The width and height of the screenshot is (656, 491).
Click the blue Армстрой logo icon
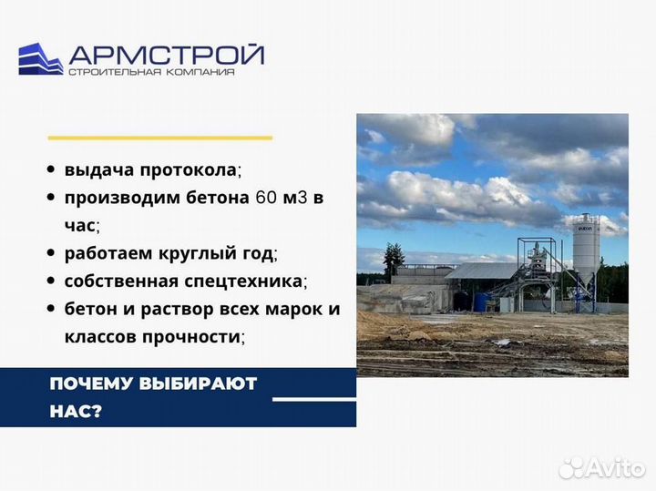click(40, 59)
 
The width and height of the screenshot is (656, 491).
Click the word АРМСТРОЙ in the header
click(166, 54)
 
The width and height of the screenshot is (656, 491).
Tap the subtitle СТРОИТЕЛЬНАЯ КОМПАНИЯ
click(151, 72)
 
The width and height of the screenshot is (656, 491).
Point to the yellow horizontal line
click(159, 138)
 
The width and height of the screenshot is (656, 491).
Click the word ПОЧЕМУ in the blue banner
click(88, 384)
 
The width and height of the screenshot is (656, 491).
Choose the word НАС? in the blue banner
click(76, 411)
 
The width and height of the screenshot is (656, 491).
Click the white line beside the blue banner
click(314, 399)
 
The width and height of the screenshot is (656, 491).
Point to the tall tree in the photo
click(393, 260)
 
